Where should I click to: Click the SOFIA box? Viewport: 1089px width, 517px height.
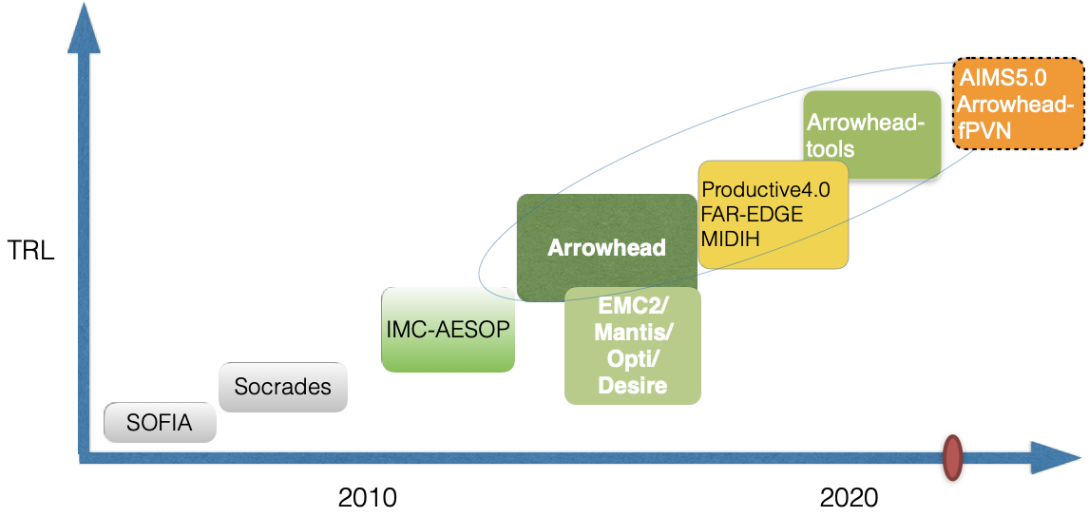(x=160, y=422)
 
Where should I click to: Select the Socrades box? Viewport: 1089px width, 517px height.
(x=282, y=387)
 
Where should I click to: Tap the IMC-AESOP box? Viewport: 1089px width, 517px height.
(x=448, y=330)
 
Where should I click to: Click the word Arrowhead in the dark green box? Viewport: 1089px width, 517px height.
(x=607, y=248)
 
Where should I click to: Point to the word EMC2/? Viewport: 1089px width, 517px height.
(x=631, y=306)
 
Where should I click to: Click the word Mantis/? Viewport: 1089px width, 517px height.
(x=632, y=333)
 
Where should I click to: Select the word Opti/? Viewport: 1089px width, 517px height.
(x=632, y=358)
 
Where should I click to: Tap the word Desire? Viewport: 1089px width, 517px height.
(x=632, y=385)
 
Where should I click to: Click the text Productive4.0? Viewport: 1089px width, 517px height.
(x=766, y=190)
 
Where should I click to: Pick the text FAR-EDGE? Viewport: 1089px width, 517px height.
(x=753, y=215)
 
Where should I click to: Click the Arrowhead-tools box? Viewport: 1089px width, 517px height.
(x=872, y=136)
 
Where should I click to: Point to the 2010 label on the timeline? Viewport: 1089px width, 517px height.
(x=367, y=498)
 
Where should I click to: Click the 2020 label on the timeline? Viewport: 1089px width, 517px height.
(x=849, y=498)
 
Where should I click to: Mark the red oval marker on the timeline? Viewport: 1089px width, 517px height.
(x=952, y=457)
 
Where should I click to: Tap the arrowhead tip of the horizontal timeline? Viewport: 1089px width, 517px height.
(x=1080, y=458)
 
